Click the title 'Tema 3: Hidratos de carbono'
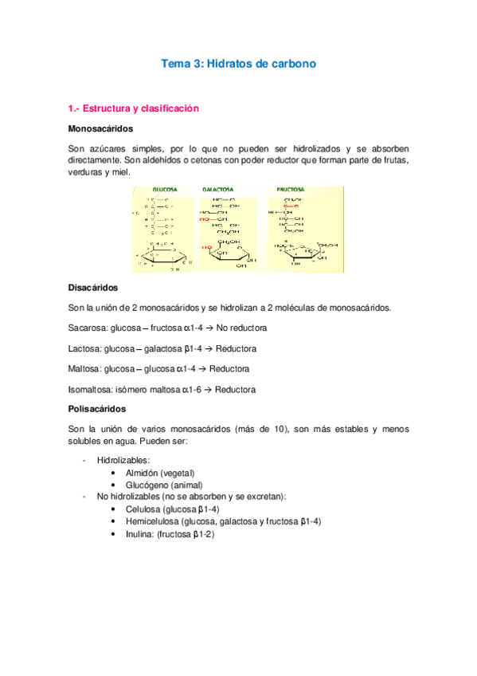point(239,64)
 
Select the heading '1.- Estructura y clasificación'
point(133,108)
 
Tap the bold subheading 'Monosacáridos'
point(100,128)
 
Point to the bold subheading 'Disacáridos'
point(93,288)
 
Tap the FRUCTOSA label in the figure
point(291,190)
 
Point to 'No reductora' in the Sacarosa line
point(241,328)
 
